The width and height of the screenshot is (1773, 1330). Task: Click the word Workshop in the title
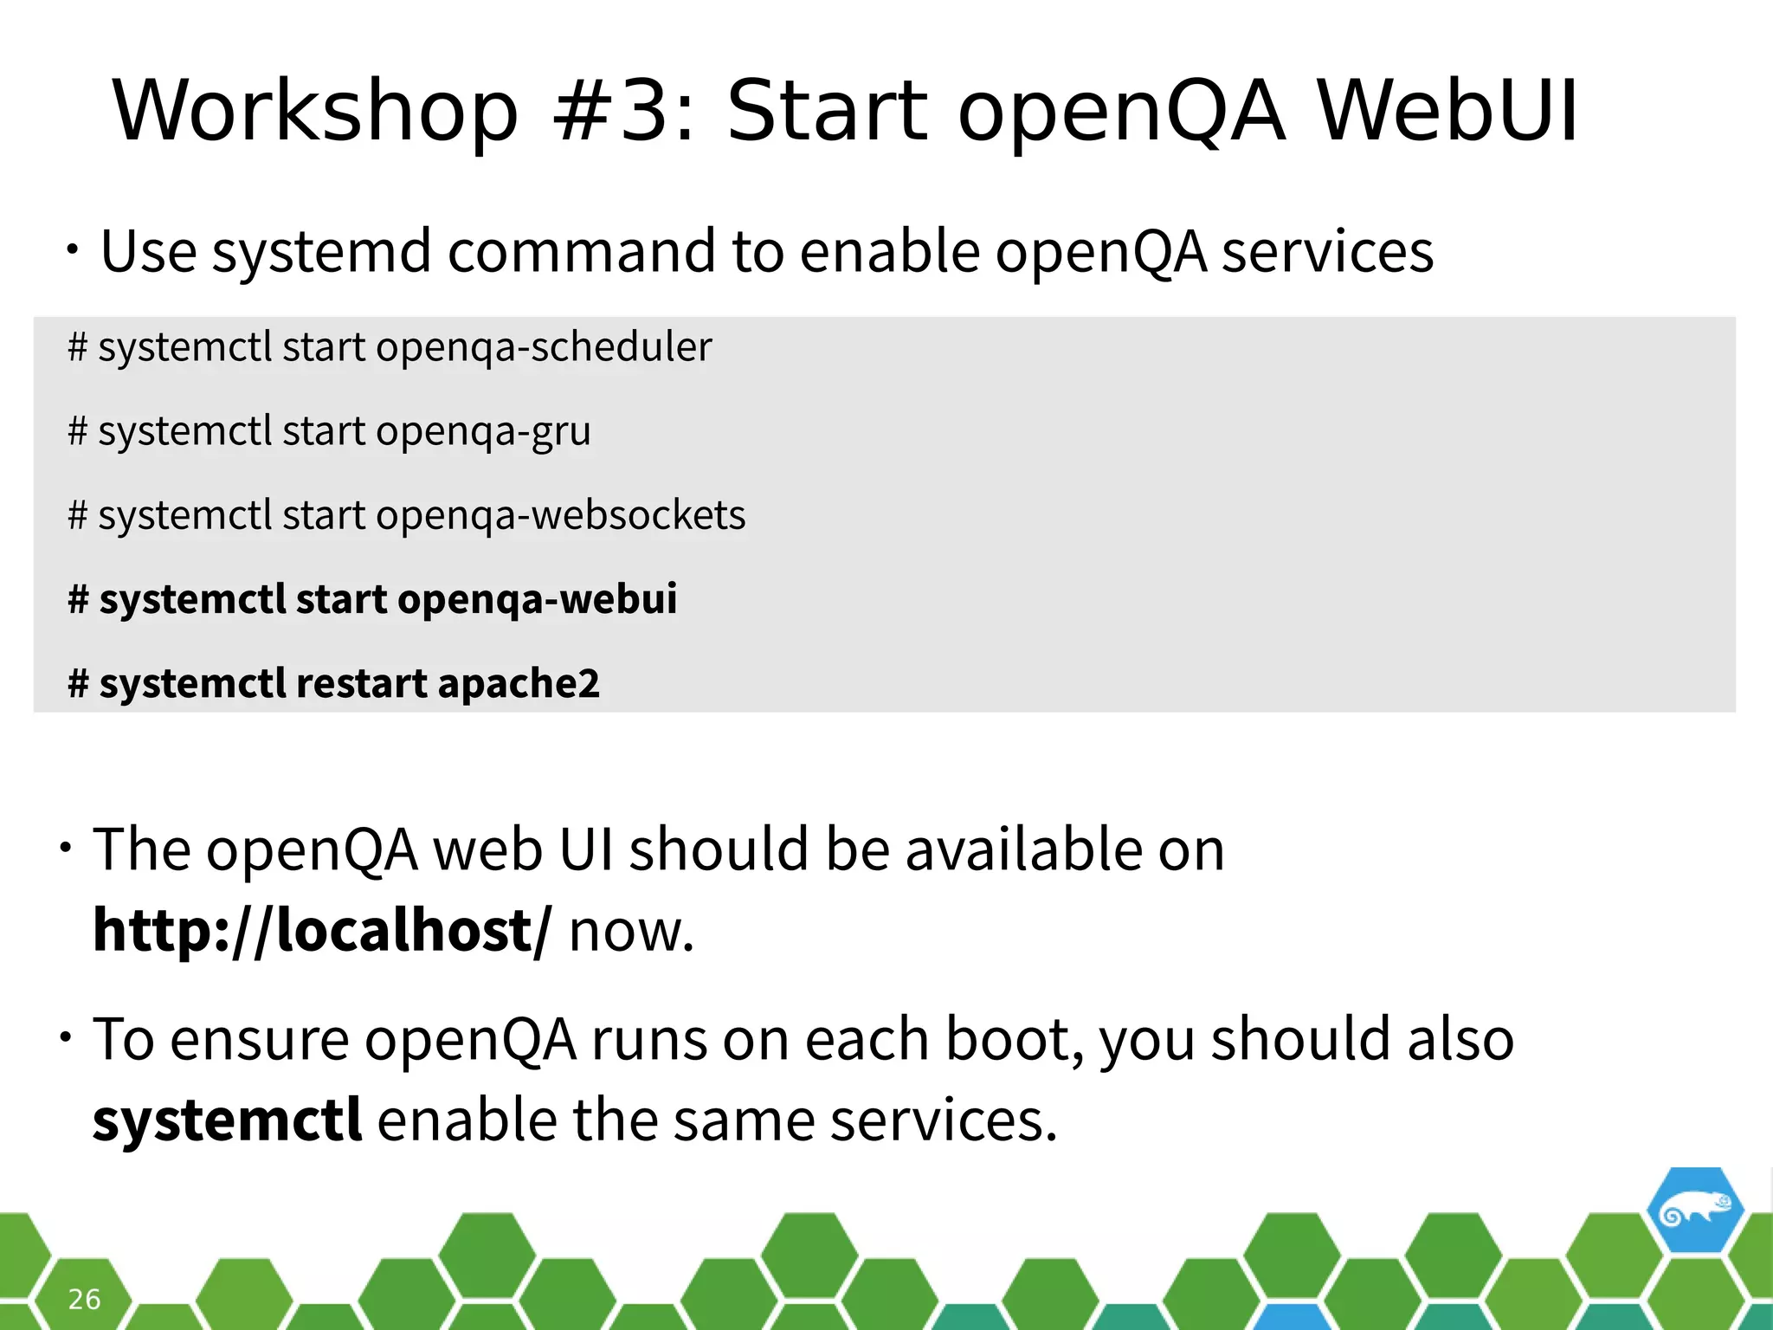315,112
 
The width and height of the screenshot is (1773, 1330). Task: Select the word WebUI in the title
1447,112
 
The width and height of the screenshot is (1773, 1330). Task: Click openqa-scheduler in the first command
544,347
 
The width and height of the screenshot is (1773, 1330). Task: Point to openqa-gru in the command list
483,431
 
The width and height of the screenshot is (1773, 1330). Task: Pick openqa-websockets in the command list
560,515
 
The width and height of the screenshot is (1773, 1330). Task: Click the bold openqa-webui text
537,599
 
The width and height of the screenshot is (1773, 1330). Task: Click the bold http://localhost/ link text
321,931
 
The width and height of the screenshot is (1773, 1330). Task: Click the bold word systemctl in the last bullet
227,1120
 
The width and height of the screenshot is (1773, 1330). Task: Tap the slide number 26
84,1299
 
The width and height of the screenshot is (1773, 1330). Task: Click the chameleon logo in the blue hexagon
1694,1211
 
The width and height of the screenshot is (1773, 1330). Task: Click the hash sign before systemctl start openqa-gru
78,431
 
